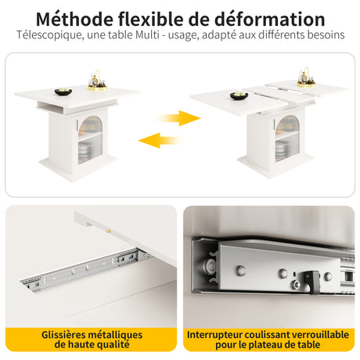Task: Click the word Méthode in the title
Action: pos(74,19)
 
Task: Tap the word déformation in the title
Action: pos(269,19)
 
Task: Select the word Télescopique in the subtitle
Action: pos(50,35)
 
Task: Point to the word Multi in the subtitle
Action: pos(147,34)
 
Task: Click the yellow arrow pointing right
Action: pos(179,118)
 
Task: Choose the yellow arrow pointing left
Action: pos(160,140)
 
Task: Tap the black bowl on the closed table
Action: pos(63,92)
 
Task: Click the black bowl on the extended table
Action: pos(239,95)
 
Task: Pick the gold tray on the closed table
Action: pos(97,88)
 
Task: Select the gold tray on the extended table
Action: pos(306,85)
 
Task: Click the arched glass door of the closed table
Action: pos(90,139)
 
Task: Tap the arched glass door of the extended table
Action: pos(287,139)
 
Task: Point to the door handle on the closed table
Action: pos(77,124)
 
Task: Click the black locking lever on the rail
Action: pos(311,282)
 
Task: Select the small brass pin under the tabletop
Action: pos(110,231)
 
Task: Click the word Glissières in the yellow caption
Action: pos(63,334)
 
